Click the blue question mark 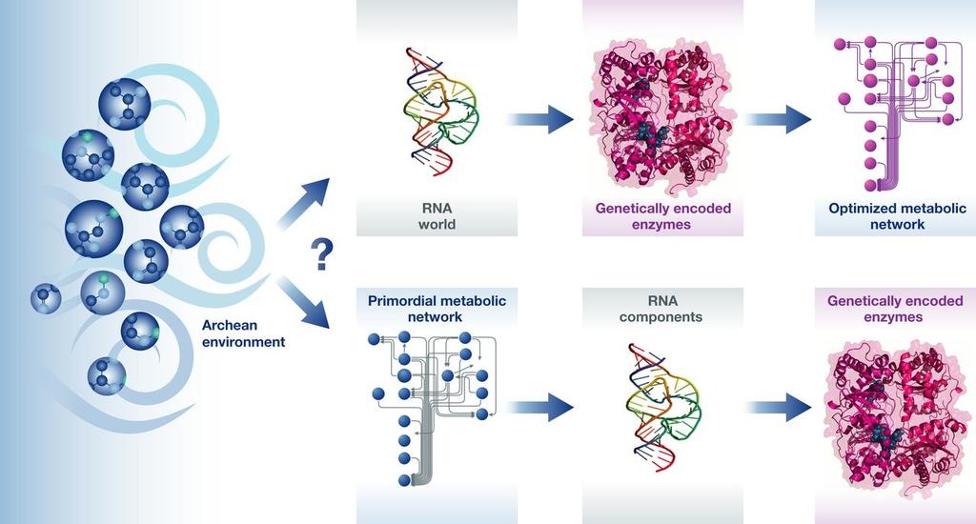pos(322,255)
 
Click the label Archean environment pos(243,333)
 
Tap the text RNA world pos(437,216)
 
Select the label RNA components pos(661,309)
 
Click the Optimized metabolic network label pos(897,216)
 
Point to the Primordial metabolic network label pos(437,309)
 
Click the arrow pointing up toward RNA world pos(304,201)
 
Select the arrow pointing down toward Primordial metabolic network pos(304,303)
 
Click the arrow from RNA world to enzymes pos(541,119)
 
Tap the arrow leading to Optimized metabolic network pos(779,119)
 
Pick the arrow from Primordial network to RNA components pos(541,408)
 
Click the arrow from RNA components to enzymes pos(779,408)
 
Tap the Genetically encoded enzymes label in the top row pos(663,216)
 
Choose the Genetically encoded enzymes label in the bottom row pos(895,309)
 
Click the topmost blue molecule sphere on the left pos(125,104)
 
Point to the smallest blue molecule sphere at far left pos(46,299)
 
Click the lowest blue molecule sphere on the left pos(107,376)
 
